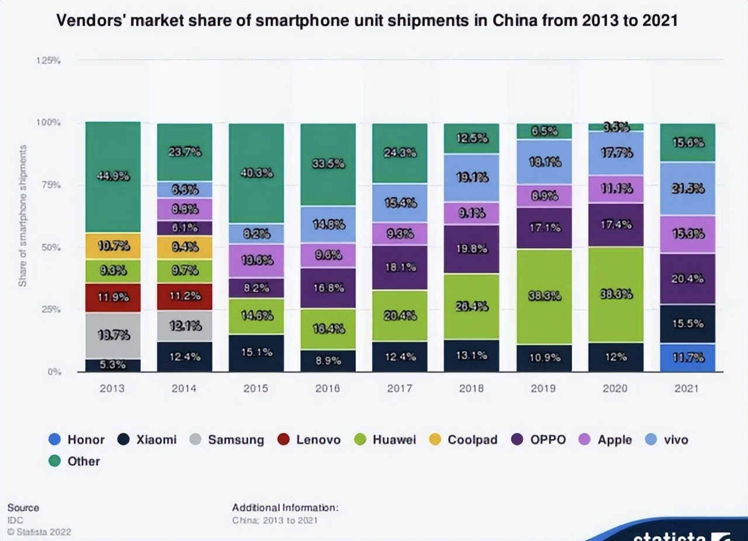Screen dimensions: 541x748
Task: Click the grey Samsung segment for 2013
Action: (113, 335)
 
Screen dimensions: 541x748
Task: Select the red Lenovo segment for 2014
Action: (185, 297)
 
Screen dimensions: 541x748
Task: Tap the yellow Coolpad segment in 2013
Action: (113, 246)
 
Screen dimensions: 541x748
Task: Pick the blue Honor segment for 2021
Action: (687, 358)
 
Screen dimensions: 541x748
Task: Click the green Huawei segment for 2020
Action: (615, 294)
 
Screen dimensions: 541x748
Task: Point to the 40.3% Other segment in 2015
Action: (256, 173)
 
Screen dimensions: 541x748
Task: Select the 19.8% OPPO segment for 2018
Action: (471, 249)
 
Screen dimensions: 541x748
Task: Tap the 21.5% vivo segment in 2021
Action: (687, 189)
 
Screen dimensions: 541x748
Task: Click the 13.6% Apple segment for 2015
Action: (256, 261)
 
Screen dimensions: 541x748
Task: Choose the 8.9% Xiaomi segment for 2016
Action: (328, 360)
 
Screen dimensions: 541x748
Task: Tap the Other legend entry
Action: (75, 461)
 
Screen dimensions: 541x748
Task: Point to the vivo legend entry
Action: (667, 440)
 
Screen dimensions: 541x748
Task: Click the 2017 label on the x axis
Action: (400, 389)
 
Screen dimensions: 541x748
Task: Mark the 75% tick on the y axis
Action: (51, 185)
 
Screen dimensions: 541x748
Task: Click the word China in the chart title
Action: (512, 21)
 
